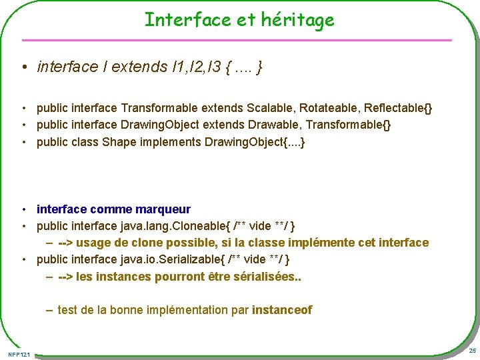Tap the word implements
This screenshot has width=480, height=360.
(x=170, y=143)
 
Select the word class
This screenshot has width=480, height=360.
(x=85, y=143)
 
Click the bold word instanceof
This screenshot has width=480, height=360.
(x=281, y=310)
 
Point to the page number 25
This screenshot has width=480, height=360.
(x=471, y=351)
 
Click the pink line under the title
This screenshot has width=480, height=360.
(x=240, y=40)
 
